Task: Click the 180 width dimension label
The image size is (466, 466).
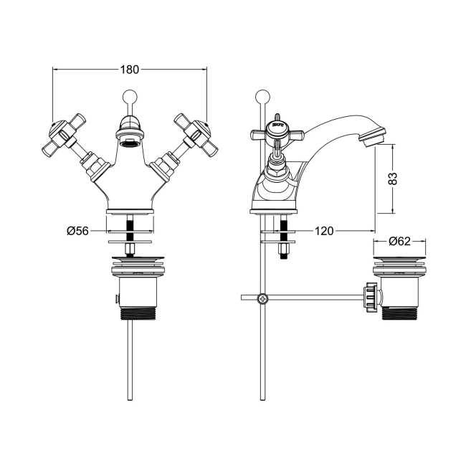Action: tap(129, 70)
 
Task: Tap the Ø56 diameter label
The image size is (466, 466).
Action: tap(77, 231)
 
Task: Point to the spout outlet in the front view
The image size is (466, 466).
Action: tap(129, 143)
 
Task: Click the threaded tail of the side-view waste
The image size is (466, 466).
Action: tap(399, 313)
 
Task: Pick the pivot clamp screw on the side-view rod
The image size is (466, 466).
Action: tap(264, 298)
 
